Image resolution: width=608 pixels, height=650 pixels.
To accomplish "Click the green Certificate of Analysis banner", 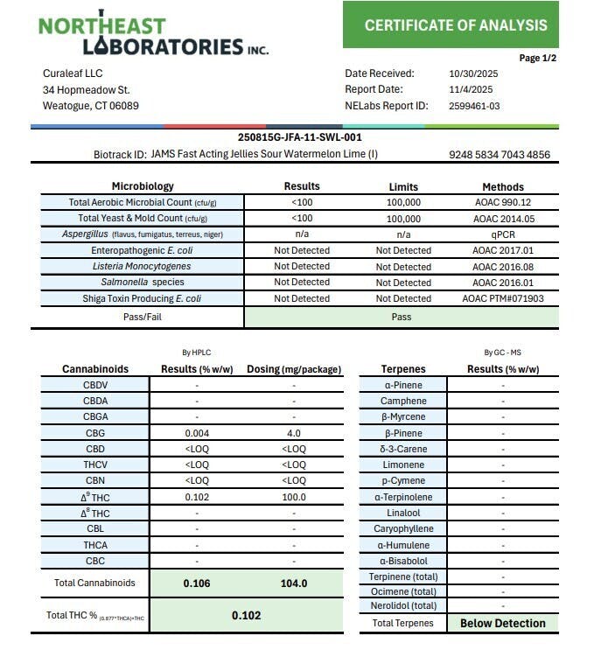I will click(x=450, y=25).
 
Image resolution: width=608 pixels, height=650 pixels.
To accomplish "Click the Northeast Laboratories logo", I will click(x=153, y=33).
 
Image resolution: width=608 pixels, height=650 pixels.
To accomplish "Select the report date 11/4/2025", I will click(x=471, y=89).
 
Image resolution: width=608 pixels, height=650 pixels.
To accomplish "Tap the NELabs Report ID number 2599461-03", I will click(x=473, y=106).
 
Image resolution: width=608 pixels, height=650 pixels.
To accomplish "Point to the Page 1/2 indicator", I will click(x=538, y=58).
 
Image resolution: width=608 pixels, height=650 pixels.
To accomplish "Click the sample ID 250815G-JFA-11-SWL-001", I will click(x=300, y=137).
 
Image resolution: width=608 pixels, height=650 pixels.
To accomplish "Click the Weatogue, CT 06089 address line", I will click(x=91, y=106).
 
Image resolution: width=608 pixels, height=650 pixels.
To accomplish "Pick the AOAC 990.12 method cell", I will click(x=502, y=202).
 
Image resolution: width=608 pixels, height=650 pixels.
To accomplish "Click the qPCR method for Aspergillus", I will click(x=502, y=234).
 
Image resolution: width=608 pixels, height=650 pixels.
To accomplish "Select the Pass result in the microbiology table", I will click(x=401, y=317).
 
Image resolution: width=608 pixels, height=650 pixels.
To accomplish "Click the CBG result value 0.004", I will click(x=197, y=433).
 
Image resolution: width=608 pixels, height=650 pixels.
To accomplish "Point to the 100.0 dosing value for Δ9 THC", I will click(x=294, y=497).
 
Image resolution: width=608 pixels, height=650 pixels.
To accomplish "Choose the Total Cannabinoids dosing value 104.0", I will click(x=294, y=583).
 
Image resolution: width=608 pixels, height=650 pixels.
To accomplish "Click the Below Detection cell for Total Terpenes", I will click(x=502, y=624).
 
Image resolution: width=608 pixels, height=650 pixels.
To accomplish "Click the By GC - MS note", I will click(x=502, y=353).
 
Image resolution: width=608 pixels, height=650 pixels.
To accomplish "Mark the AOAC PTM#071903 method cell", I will click(x=502, y=298).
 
